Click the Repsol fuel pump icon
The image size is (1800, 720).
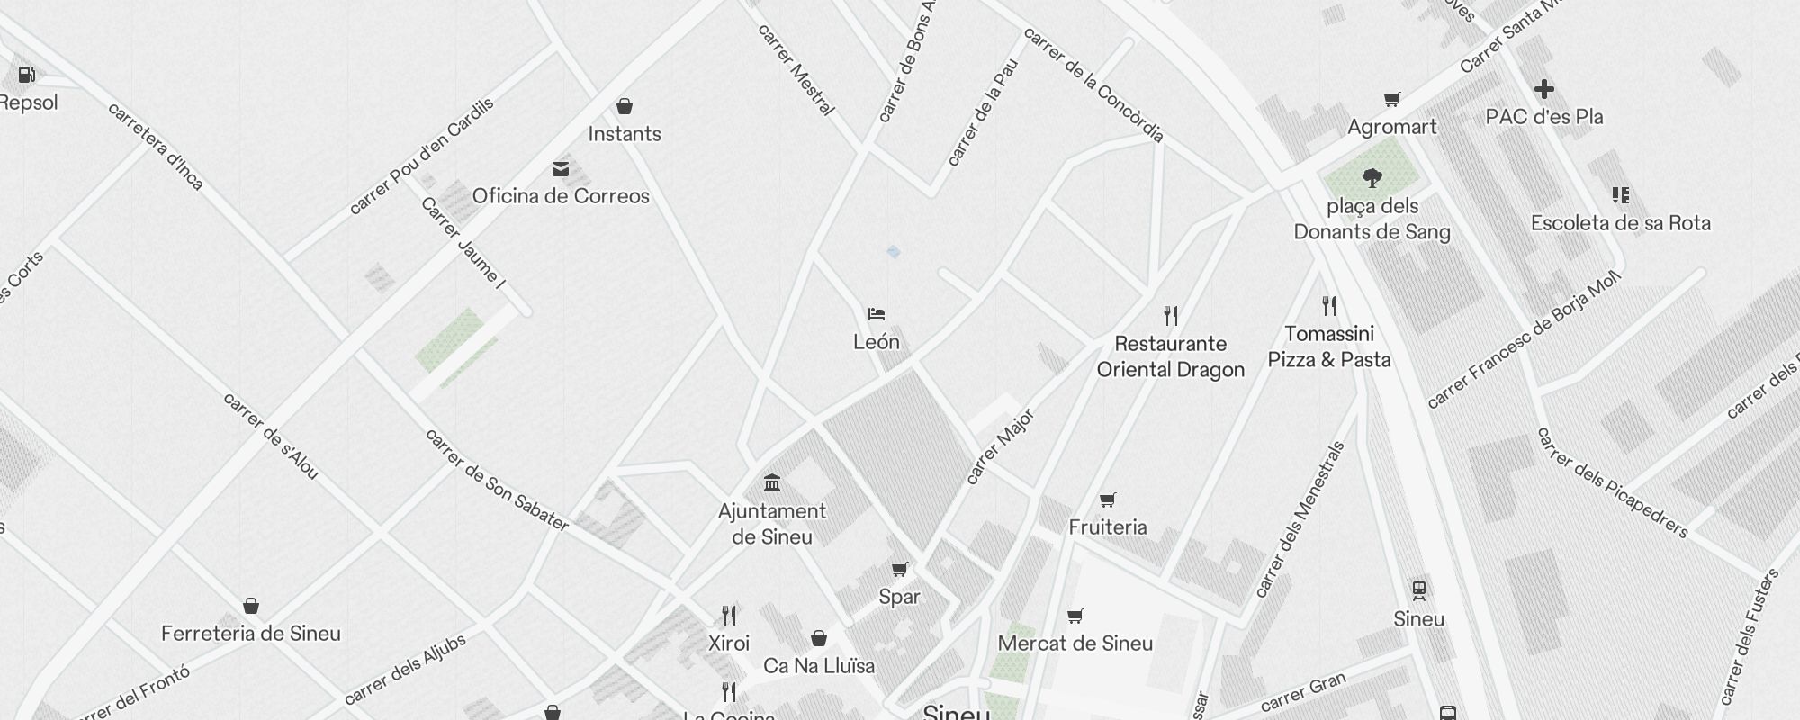click(26, 75)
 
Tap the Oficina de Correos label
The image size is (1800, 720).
click(561, 196)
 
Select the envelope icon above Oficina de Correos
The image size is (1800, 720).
click(561, 169)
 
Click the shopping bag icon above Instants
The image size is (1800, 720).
click(625, 107)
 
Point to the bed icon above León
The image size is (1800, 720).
click(877, 314)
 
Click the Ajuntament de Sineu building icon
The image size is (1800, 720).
click(772, 483)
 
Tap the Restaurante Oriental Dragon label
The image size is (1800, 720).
click(1170, 356)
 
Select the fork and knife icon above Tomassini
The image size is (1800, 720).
click(1329, 306)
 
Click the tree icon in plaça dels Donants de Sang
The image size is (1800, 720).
click(1372, 178)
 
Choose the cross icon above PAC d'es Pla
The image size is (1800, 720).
click(1544, 89)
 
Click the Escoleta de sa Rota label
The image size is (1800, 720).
click(1620, 223)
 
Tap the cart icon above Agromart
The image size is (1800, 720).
click(1391, 99)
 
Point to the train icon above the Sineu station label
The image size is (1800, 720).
click(1419, 591)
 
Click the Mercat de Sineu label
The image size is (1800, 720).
click(1075, 643)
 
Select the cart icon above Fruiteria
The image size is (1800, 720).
click(1108, 499)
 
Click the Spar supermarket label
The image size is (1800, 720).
click(899, 597)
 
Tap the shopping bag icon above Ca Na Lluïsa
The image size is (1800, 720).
click(819, 638)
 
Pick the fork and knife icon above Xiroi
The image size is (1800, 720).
click(729, 616)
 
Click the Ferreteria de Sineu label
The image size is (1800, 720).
click(251, 634)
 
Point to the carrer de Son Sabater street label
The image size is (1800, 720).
click(496, 480)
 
